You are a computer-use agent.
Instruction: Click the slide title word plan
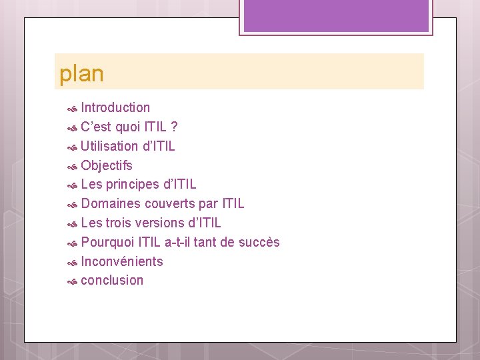81,74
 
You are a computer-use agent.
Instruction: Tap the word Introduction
115,107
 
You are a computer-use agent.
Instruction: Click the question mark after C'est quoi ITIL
174,127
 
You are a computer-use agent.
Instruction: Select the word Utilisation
109,146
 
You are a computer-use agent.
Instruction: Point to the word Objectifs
107,165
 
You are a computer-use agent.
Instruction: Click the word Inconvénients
121,261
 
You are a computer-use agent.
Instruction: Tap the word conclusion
112,280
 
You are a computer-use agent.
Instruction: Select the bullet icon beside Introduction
73,108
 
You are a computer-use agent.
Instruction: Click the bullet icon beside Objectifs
73,166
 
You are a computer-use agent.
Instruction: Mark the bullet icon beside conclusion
73,281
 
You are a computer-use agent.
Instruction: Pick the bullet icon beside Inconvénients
73,262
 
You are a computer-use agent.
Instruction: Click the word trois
119,223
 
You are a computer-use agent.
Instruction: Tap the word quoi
127,127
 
